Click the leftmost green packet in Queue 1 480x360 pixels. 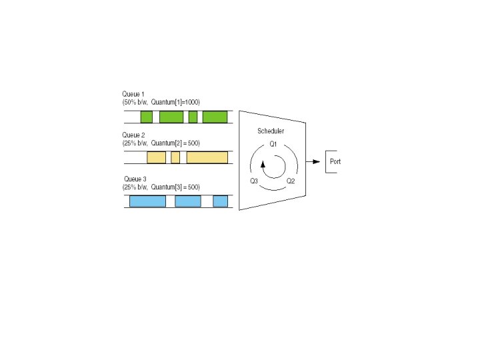(147, 117)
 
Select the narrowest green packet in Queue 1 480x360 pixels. (193, 117)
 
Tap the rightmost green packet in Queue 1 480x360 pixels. (215, 117)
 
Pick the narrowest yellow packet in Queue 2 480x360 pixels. (175, 158)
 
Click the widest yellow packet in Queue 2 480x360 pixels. (207, 158)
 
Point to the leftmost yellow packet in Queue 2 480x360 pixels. (156, 158)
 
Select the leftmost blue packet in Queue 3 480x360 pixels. (147, 201)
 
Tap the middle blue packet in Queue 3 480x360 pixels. (188, 201)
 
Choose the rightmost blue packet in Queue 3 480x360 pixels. (220, 201)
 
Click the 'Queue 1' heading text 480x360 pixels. (133, 94)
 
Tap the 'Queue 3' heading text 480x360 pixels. (135, 179)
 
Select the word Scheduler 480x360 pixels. (271, 131)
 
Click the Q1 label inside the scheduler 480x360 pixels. (273, 144)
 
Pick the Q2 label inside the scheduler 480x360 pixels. (291, 181)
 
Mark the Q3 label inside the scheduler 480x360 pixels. (254, 181)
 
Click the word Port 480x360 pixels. (335, 162)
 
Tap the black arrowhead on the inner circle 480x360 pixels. (263, 164)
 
